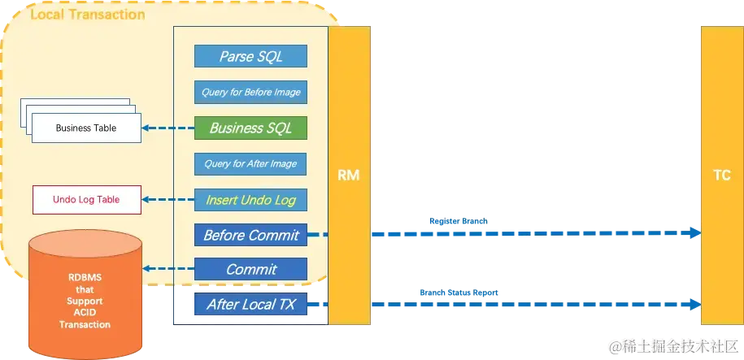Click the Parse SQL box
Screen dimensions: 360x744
(250, 57)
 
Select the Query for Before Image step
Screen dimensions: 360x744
(250, 92)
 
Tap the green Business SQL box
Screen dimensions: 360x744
(250, 128)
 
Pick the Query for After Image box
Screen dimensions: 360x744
(250, 163)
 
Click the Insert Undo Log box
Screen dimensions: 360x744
(250, 199)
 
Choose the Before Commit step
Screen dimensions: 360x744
(250, 235)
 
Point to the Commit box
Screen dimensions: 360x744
(250, 269)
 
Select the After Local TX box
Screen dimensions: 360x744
(250, 305)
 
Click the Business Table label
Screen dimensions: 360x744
(85, 128)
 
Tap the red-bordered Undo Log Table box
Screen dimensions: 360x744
(86, 199)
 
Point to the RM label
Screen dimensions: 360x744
(349, 175)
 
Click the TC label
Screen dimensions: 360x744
(721, 175)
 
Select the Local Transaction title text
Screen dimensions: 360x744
(87, 15)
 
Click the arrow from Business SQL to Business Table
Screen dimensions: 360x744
(168, 128)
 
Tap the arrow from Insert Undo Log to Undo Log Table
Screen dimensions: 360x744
(168, 199)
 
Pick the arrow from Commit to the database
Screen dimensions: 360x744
(168, 269)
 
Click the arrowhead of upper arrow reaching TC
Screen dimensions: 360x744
(694, 233)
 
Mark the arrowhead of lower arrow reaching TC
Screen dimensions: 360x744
(694, 305)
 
